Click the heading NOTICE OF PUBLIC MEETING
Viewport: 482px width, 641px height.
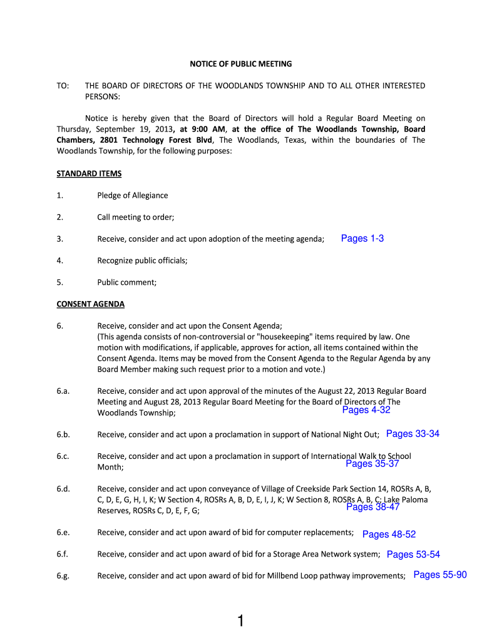pyautogui.click(x=241, y=64)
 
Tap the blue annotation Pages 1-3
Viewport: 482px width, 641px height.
pyautogui.click(x=362, y=238)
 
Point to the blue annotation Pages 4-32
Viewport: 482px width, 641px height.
pyautogui.click(x=366, y=410)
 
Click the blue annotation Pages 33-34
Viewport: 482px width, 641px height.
pyautogui.click(x=413, y=434)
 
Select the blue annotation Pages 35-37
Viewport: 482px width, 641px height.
pyautogui.click(x=372, y=464)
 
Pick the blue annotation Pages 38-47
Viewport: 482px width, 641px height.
pyautogui.click(x=372, y=507)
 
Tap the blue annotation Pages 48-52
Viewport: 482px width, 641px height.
pyautogui.click(x=389, y=534)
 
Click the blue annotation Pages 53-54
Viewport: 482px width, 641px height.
pyautogui.click(x=413, y=554)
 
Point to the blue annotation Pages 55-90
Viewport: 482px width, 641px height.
pyautogui.click(x=440, y=575)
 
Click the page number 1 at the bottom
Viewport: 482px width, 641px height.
pyautogui.click(x=240, y=621)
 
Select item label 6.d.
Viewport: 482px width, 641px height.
pyautogui.click(x=62, y=489)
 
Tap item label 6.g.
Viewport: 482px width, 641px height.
pyautogui.click(x=62, y=576)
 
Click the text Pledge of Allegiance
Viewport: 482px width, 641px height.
pyautogui.click(x=132, y=195)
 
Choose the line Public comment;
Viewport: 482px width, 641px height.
pyautogui.click(x=126, y=282)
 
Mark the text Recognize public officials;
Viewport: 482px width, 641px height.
pyautogui.click(x=142, y=260)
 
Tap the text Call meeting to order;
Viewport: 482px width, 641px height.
pyautogui.click(x=135, y=217)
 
